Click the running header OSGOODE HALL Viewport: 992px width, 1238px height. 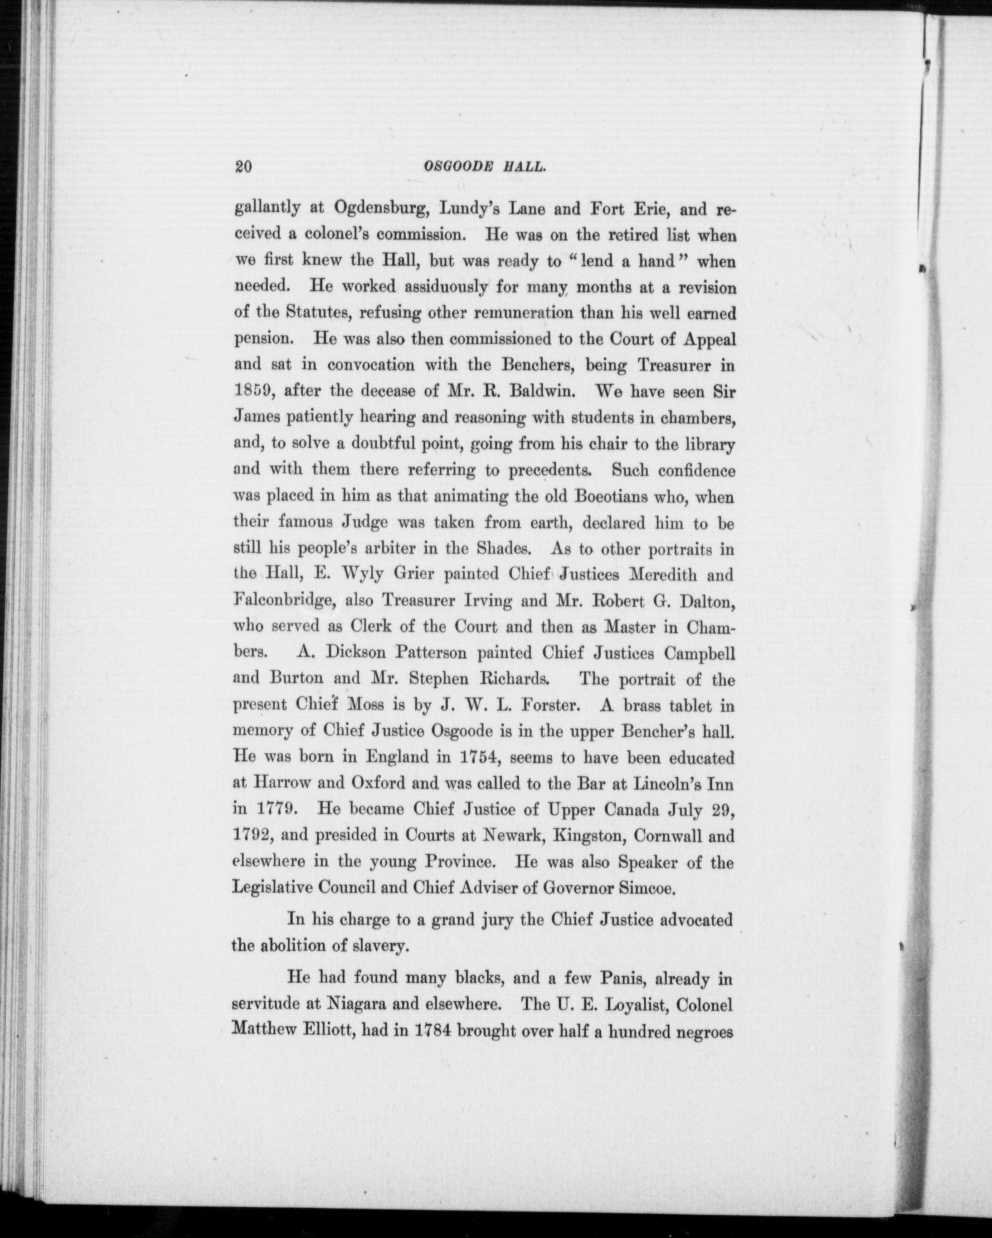[484, 167]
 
